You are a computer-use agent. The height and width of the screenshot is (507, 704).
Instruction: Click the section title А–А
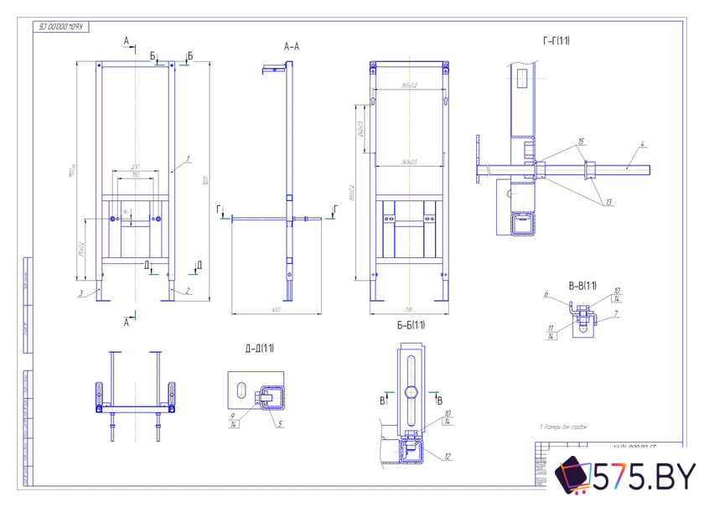[x=292, y=47]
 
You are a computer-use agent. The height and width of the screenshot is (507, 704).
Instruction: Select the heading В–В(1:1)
[x=582, y=286]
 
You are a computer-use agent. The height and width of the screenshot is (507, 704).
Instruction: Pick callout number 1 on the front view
[x=189, y=158]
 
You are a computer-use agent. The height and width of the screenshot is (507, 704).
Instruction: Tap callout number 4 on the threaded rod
[x=641, y=144]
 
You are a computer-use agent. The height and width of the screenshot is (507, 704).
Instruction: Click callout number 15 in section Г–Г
[x=580, y=142]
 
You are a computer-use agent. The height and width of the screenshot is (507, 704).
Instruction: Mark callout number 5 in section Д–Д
[x=281, y=424]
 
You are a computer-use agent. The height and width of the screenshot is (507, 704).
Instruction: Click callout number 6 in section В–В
[x=546, y=294]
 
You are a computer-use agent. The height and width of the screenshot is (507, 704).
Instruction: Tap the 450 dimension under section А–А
[x=275, y=310]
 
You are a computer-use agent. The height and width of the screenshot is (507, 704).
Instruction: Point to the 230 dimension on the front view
[x=134, y=166]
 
